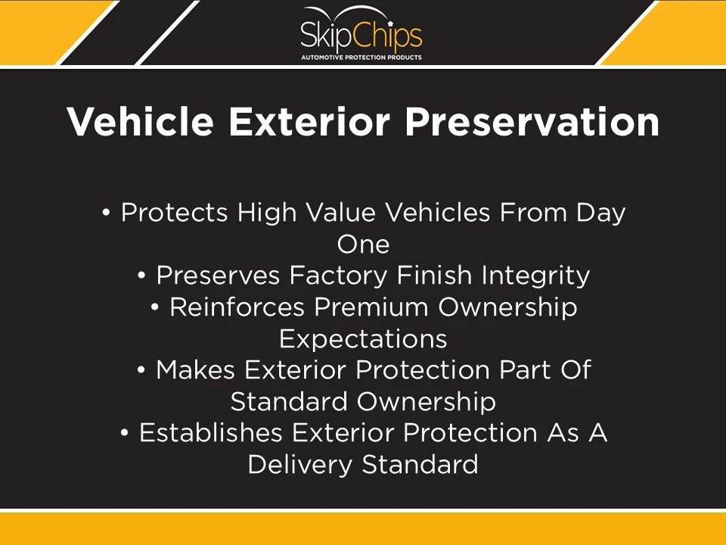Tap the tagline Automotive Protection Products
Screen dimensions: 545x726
[361, 57]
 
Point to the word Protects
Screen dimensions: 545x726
[175, 213]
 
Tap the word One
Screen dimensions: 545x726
[363, 244]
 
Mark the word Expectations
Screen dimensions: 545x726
[363, 338]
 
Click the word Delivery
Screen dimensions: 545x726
[301, 464]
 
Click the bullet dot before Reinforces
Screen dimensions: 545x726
[155, 308]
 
